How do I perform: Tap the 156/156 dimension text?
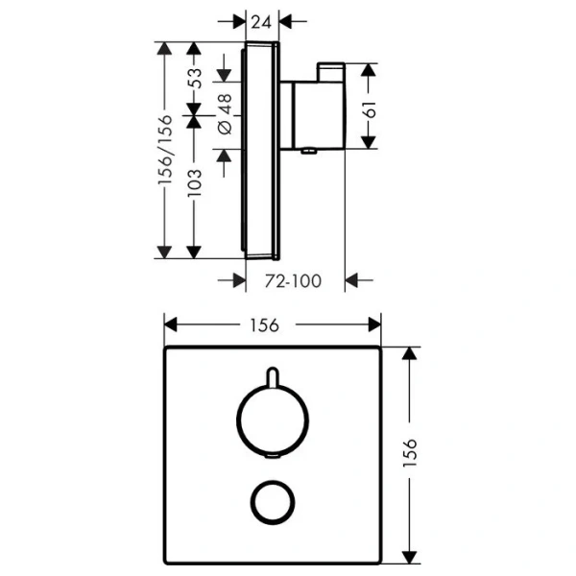pyautogui.click(x=166, y=150)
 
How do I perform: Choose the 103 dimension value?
pyautogui.click(x=195, y=180)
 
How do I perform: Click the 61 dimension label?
pyautogui.click(x=369, y=108)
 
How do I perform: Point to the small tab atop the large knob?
pyautogui.click(x=274, y=374)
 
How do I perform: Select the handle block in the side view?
pyautogui.click(x=310, y=115)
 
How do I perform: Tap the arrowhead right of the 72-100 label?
pyautogui.click(x=352, y=279)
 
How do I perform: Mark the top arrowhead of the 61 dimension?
pyautogui.click(x=369, y=70)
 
